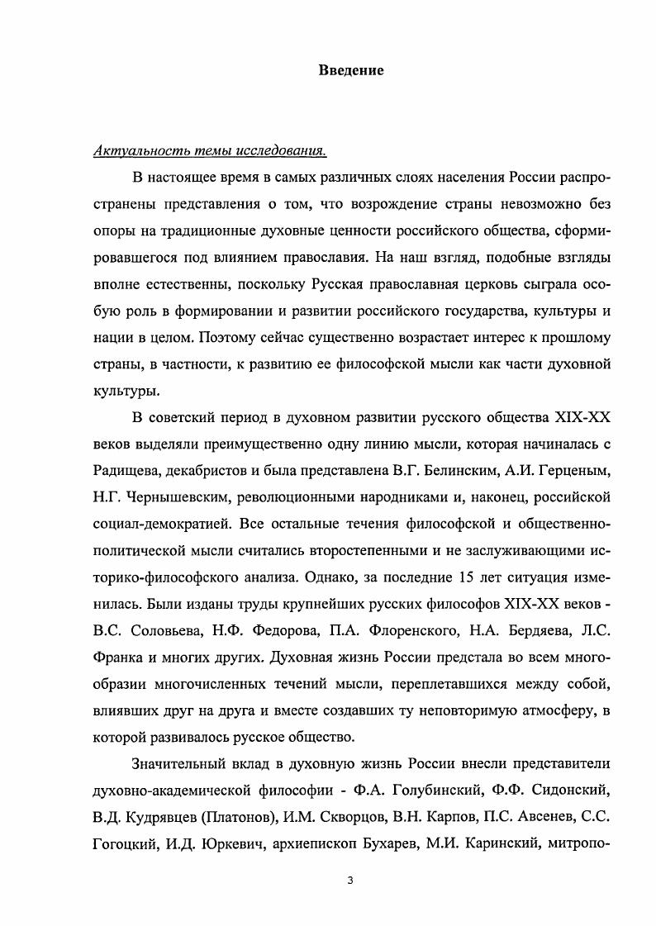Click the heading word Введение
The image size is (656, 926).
click(x=351, y=70)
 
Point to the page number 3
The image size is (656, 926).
click(x=350, y=881)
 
